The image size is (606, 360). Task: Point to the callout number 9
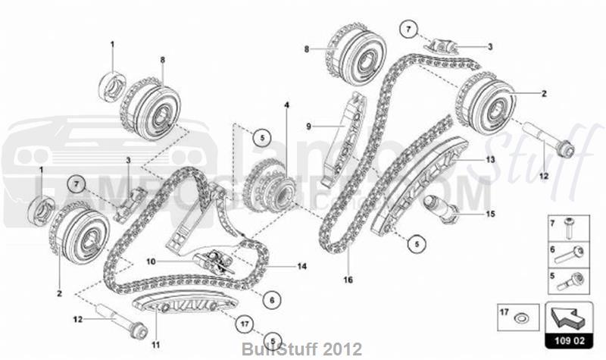pos(309,125)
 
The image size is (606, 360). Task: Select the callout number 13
pos(490,160)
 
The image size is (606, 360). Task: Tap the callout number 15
pos(490,214)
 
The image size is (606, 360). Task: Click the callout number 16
pos(348,280)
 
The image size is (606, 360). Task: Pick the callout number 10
pos(151,261)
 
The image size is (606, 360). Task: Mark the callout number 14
pos(301,266)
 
